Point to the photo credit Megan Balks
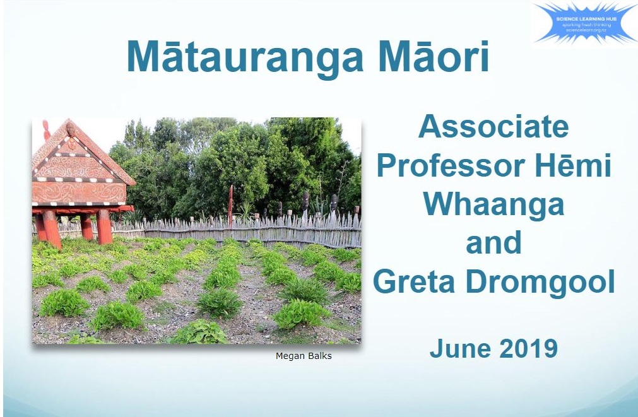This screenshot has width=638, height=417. [x=304, y=356]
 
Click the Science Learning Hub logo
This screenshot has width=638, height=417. [x=583, y=25]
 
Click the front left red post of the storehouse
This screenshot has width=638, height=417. [x=51, y=228]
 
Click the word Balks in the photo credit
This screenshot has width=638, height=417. [x=319, y=356]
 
